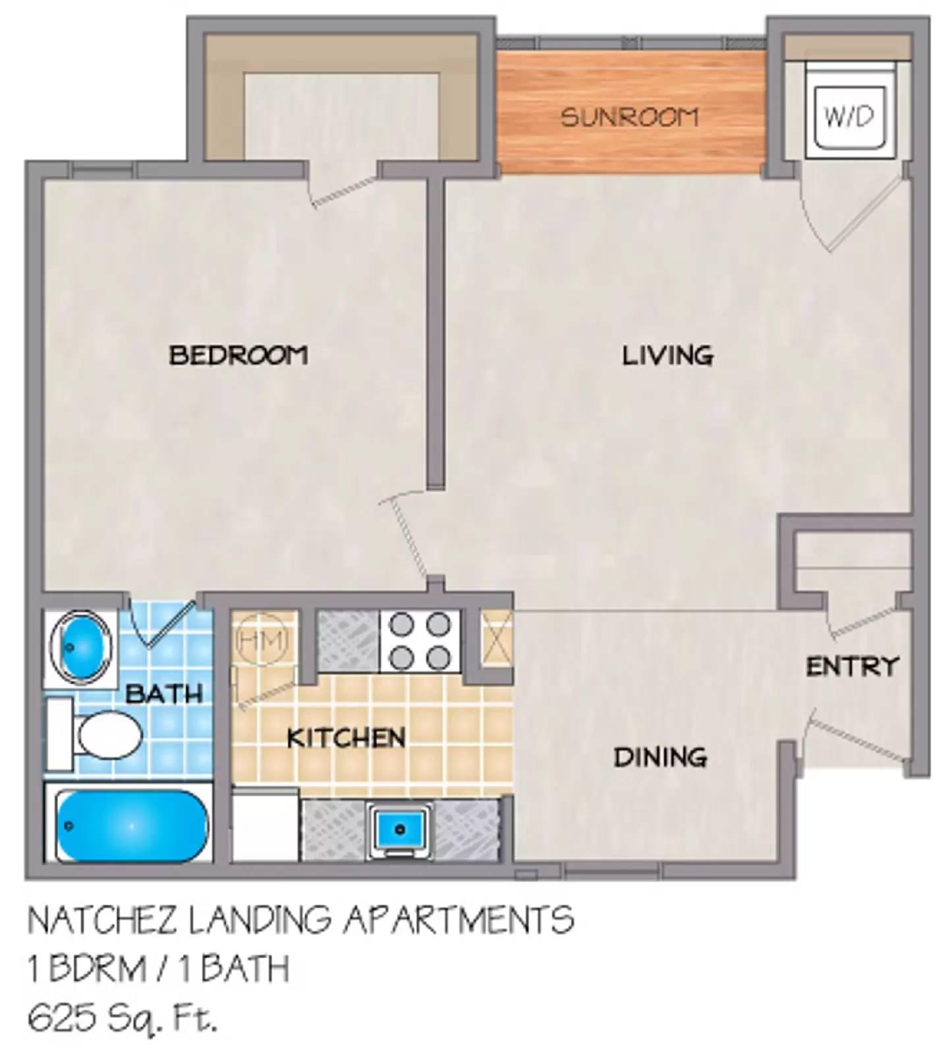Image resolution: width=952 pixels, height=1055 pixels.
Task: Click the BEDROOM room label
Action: [238, 355]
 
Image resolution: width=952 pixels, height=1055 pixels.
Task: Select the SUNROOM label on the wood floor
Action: [629, 117]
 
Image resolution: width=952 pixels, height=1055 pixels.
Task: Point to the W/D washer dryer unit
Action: [849, 117]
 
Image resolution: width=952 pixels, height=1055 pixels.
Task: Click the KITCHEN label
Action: [346, 738]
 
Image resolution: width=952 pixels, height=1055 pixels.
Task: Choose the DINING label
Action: [660, 757]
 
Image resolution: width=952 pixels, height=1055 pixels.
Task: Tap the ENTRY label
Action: [852, 666]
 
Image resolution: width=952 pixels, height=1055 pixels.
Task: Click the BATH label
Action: [164, 693]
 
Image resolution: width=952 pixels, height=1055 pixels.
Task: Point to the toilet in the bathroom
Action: [105, 735]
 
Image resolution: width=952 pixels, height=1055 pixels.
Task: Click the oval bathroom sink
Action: [80, 647]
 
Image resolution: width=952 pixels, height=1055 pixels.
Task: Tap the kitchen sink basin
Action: [400, 828]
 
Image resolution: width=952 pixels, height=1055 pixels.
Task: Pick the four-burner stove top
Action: [420, 640]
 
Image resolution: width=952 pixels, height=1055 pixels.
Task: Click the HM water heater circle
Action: [262, 640]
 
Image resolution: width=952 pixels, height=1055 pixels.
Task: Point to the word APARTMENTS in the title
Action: [457, 920]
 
